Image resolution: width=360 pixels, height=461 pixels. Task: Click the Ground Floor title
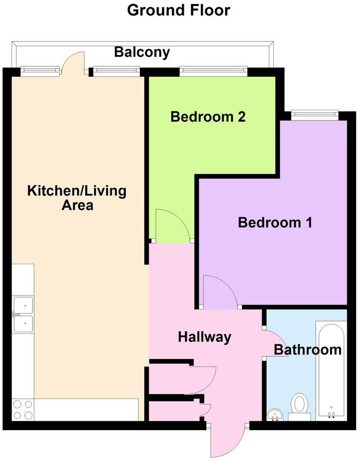click(x=179, y=10)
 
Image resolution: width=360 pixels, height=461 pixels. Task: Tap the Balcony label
click(x=142, y=52)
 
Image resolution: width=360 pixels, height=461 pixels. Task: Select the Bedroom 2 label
click(x=208, y=117)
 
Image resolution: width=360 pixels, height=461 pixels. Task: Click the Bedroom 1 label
click(x=275, y=223)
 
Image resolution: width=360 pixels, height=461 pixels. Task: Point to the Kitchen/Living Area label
click(x=77, y=198)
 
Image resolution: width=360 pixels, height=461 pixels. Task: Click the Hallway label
click(x=205, y=337)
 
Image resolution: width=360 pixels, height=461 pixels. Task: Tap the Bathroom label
click(x=308, y=349)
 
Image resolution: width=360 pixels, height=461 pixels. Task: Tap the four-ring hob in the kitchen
click(x=23, y=410)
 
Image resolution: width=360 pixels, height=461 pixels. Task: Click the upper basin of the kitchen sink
click(x=23, y=305)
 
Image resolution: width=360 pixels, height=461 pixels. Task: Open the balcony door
click(x=74, y=61)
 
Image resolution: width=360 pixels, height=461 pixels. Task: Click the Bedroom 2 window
click(x=213, y=72)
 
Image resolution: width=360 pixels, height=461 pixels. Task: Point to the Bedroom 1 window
click(x=314, y=115)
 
